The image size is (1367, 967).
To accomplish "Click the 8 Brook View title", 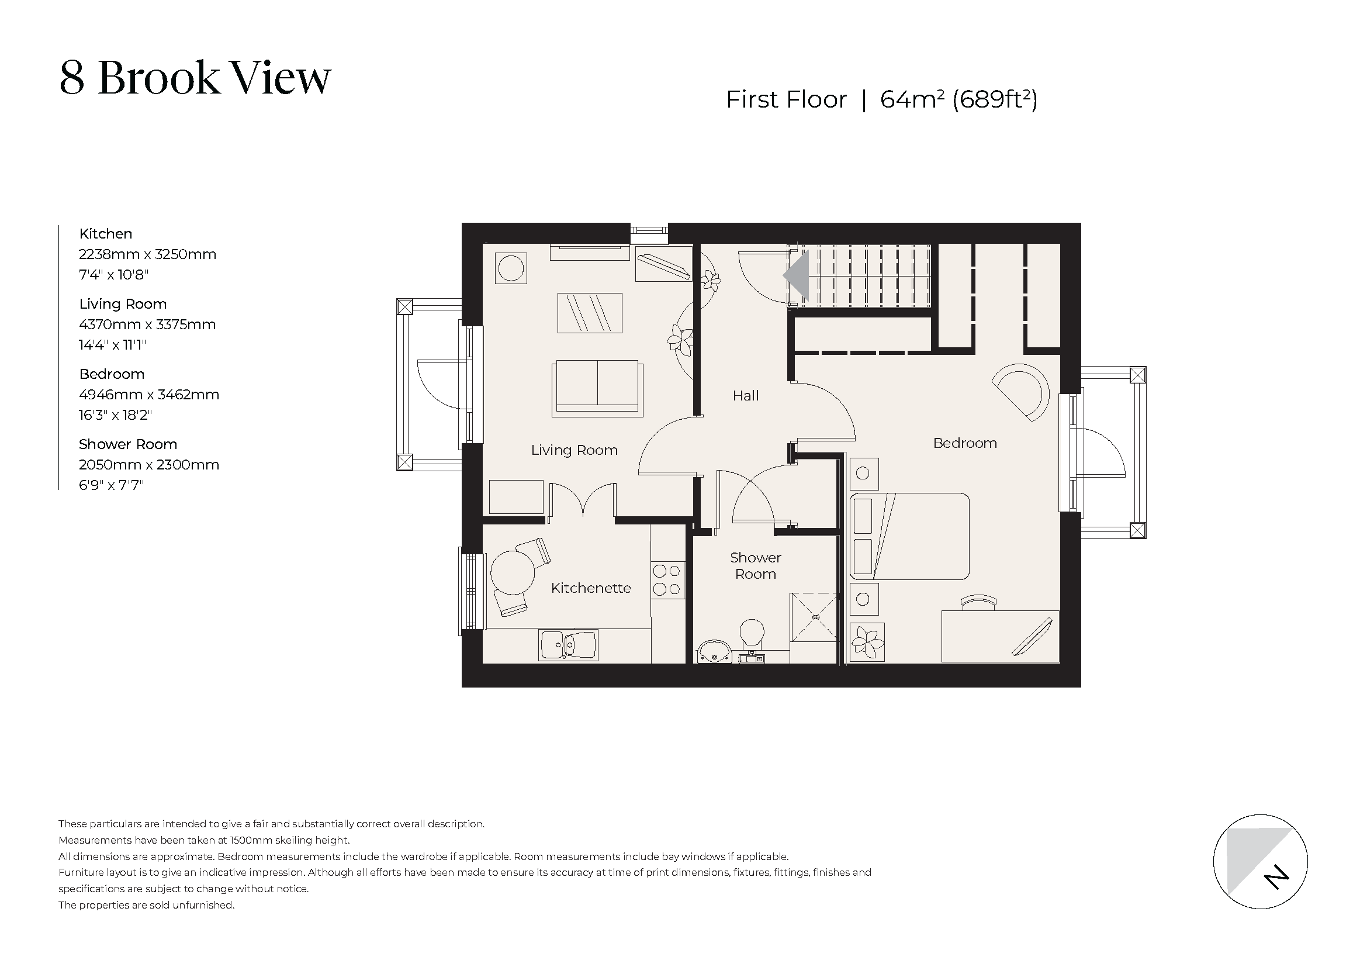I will (195, 78).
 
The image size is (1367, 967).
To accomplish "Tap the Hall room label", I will (745, 396).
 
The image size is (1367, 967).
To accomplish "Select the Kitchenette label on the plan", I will (591, 588).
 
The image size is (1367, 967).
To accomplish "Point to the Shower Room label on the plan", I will (756, 566).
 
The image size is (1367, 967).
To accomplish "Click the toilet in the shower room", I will (752, 634).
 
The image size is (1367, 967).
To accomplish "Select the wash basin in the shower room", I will (714, 651).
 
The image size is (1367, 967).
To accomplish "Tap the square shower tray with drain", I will (814, 617).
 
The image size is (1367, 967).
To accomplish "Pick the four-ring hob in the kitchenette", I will (666, 580).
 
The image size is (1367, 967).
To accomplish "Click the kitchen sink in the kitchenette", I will (568, 645).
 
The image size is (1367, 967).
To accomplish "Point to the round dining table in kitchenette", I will (511, 571).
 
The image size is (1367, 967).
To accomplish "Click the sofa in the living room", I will (597, 387).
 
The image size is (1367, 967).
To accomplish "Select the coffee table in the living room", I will (590, 313).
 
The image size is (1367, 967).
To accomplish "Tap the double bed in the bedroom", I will (909, 536).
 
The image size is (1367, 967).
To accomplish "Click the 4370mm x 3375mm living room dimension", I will (147, 324).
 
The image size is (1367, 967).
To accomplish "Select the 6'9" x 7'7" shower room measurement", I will (112, 485).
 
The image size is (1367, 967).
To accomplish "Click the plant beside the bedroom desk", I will (867, 643).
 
